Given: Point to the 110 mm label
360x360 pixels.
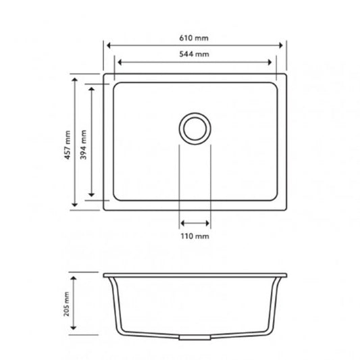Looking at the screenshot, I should point(196,236).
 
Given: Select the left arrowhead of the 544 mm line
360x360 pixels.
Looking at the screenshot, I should point(120,62).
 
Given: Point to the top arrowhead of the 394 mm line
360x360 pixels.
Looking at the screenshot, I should point(93,86).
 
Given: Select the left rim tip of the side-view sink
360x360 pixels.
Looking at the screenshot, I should point(105,275).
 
